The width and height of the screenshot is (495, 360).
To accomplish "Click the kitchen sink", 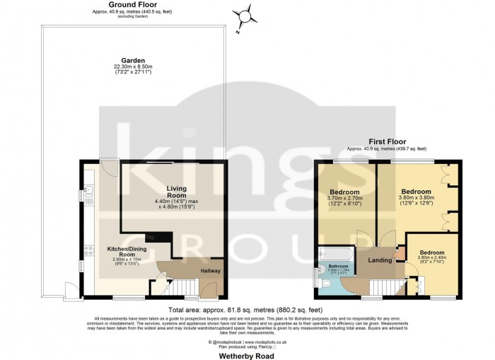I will pyautogui.click(x=88, y=192).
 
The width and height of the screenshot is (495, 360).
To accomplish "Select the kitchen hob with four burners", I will pyautogui.click(x=88, y=248).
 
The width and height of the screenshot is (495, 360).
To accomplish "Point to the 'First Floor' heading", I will pyautogui.click(x=386, y=142).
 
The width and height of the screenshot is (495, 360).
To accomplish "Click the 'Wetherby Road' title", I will pyautogui.click(x=247, y=356).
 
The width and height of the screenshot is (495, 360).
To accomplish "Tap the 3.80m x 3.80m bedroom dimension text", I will pyautogui.click(x=416, y=199).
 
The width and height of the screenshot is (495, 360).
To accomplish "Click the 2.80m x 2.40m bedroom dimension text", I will pyautogui.click(x=431, y=260).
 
